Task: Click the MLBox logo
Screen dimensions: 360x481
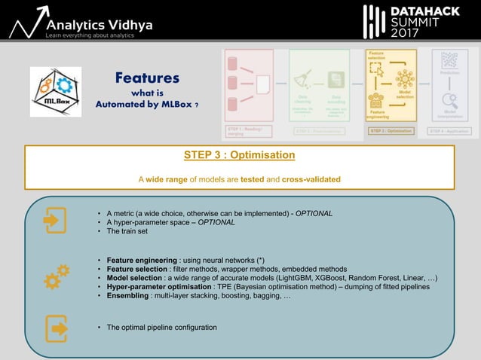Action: (x=55, y=92)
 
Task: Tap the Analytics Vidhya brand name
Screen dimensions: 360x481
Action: (x=99, y=25)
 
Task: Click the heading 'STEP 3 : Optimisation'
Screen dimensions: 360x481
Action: (x=239, y=155)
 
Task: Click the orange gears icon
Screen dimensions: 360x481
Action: (x=57, y=276)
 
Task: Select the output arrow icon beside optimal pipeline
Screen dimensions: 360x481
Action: (x=57, y=328)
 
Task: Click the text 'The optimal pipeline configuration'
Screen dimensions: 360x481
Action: (x=162, y=328)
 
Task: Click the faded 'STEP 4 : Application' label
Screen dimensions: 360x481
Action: (x=449, y=130)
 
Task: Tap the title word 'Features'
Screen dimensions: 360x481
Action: (x=147, y=78)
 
